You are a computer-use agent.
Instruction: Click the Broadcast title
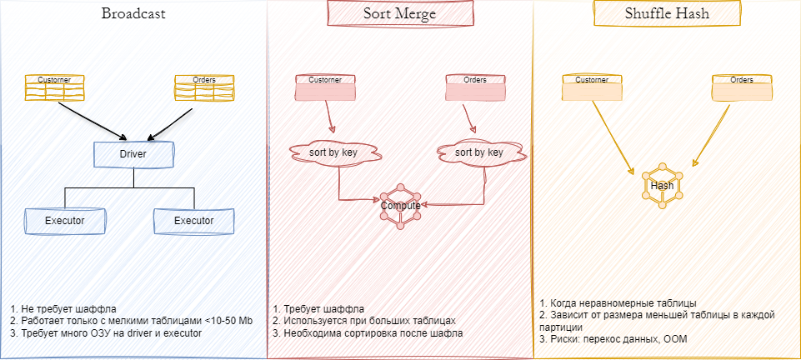pos(133,14)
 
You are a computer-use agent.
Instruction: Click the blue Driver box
pos(133,155)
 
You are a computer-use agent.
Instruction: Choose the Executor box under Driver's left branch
pos(65,220)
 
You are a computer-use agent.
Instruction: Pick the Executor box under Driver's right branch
pos(193,220)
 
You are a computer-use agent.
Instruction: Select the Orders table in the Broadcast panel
pos(204,87)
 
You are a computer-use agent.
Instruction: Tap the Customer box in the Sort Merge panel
pos(326,87)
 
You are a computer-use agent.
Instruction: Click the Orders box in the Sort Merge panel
pos(475,87)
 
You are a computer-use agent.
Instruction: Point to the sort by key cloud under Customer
pos(333,152)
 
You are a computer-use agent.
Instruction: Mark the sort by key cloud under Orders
pos(478,152)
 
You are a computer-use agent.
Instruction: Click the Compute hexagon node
pos(401,205)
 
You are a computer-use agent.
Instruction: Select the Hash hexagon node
pos(662,186)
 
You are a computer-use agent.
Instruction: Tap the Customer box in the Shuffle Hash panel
pos(593,87)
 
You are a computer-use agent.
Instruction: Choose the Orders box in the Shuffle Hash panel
pos(742,87)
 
